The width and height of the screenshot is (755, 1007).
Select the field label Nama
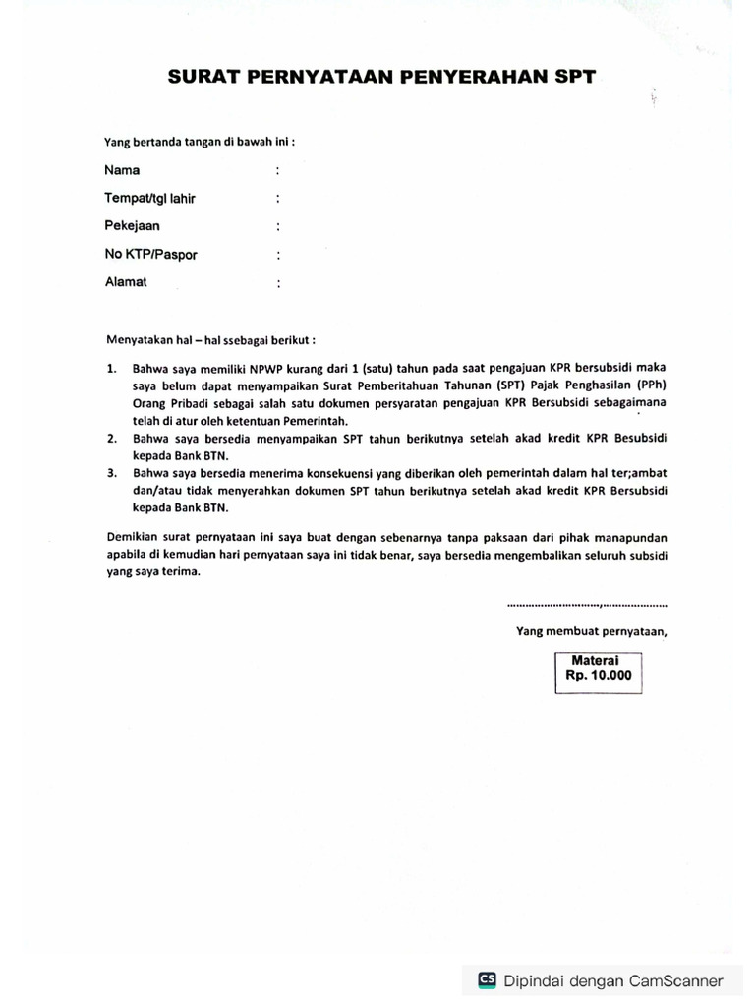tap(122, 169)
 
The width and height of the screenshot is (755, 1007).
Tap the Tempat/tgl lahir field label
tap(149, 198)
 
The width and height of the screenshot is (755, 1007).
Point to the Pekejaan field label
tap(132, 225)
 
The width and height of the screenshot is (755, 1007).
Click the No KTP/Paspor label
tap(150, 254)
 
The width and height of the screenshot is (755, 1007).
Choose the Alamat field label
tap(126, 281)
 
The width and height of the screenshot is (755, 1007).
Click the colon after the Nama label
tap(278, 170)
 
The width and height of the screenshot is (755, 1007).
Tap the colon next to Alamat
tap(278, 283)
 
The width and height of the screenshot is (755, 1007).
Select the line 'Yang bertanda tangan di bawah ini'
tap(200, 141)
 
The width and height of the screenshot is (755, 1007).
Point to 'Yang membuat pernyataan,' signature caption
tap(592, 632)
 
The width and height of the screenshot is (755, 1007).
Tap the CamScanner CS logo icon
tap(487, 979)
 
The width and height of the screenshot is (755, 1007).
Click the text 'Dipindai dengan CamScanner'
tap(612, 980)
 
